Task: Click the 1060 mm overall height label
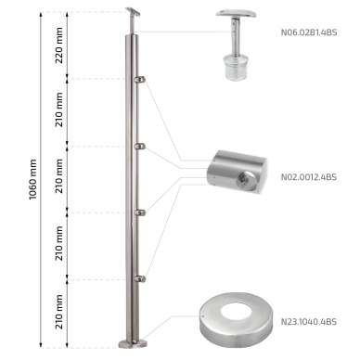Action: (32, 179)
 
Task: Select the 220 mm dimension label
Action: (58, 45)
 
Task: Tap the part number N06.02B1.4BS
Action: (309, 32)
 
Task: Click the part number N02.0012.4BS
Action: (309, 177)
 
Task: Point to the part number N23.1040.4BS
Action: (309, 322)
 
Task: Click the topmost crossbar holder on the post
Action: (139, 80)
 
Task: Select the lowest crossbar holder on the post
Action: (140, 279)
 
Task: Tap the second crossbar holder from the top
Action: (140, 147)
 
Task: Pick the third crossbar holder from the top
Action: (140, 212)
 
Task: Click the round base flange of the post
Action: (133, 343)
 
